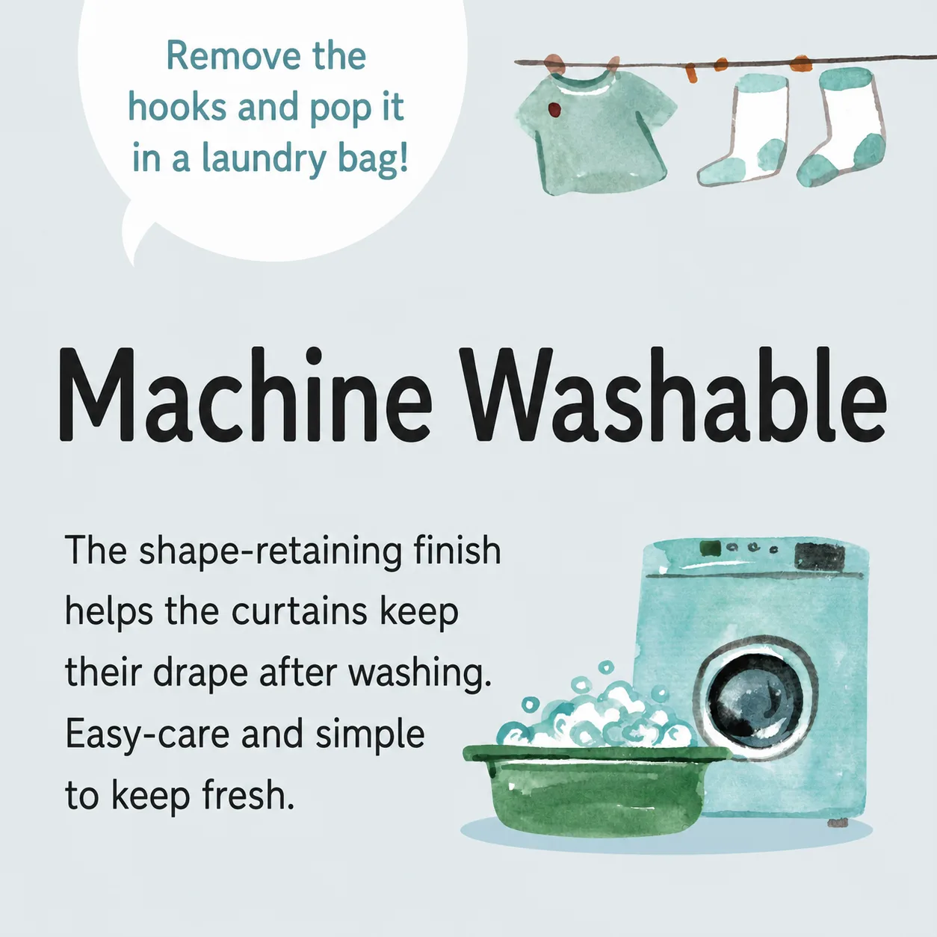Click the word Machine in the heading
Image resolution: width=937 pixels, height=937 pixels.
click(x=245, y=394)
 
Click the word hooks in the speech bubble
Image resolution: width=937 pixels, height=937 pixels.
click(x=177, y=107)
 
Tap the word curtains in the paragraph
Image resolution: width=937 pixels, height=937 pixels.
click(x=300, y=612)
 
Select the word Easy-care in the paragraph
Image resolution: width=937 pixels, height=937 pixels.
click(x=147, y=735)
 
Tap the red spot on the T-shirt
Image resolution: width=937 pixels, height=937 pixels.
click(x=554, y=110)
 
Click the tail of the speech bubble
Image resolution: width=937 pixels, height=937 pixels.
click(x=138, y=233)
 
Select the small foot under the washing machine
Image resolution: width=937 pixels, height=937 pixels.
click(x=838, y=822)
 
